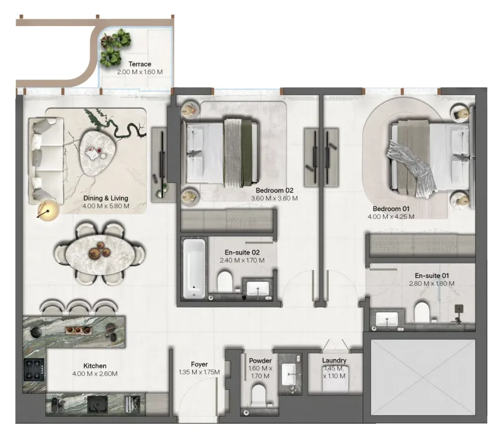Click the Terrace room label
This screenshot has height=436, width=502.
point(140,64)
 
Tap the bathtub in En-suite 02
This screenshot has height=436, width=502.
point(194,268)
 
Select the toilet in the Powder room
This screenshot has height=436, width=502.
point(259,394)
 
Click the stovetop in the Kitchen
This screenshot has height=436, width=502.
point(34,370)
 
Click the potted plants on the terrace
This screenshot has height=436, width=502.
point(115,48)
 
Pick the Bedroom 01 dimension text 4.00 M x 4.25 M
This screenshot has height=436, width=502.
point(391,217)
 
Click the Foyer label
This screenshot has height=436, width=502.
point(199,364)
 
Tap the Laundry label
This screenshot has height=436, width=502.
point(334,360)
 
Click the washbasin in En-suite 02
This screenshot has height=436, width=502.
point(258,289)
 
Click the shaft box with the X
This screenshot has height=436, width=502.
point(423,378)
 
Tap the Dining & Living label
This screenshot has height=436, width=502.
point(106,198)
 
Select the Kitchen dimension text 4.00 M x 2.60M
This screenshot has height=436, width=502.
point(95,374)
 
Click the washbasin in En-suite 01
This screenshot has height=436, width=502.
point(387,319)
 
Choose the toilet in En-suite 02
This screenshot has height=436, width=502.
point(225,282)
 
